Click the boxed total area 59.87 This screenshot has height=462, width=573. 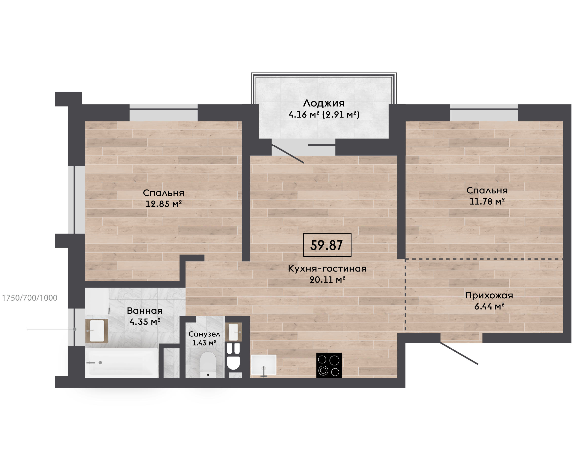(327, 245)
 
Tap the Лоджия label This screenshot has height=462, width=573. (324, 103)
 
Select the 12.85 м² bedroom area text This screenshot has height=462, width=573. (164, 204)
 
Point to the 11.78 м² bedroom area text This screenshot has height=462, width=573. (487, 202)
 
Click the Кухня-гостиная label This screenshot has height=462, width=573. (327, 269)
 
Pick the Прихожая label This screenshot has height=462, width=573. (489, 295)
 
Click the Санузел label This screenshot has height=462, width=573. (204, 334)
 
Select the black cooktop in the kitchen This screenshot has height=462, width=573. (329, 365)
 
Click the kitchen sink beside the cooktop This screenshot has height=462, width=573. (264, 365)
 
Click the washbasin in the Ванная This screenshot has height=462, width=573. (96, 331)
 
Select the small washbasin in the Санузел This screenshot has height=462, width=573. (234, 332)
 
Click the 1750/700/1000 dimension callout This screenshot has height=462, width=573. (30, 298)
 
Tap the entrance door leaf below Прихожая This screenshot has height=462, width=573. (459, 353)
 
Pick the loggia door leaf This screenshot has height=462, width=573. (288, 154)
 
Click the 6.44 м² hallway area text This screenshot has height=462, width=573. (489, 307)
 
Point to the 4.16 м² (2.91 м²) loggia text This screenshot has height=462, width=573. (324, 114)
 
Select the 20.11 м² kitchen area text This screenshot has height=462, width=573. (327, 280)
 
